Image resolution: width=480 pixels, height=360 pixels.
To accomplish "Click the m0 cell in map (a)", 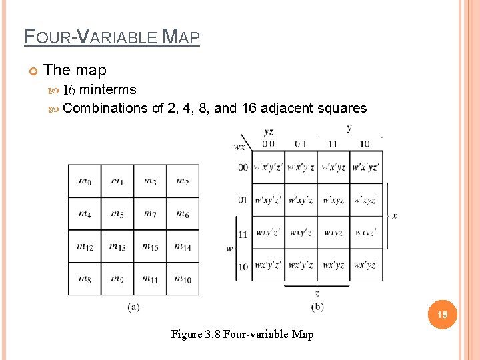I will click(x=85, y=181).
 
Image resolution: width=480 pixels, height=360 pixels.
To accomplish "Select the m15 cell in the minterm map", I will click(x=151, y=247).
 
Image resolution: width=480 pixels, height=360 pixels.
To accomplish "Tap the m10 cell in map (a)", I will click(x=183, y=279).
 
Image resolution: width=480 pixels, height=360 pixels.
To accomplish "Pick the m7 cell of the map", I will click(x=151, y=214).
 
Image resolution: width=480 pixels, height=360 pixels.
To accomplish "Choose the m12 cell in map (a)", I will click(x=85, y=247).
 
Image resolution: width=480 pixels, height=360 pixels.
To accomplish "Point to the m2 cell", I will click(x=183, y=181).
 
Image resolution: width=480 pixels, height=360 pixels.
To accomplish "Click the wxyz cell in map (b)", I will click(x=333, y=233).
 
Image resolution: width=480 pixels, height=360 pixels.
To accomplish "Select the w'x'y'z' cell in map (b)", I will click(x=268, y=167).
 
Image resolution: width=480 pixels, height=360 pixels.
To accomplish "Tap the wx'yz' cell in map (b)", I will click(x=365, y=265).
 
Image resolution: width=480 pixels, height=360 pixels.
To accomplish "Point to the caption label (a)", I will click(x=133, y=307).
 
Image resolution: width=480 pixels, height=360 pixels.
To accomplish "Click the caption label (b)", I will click(x=317, y=307).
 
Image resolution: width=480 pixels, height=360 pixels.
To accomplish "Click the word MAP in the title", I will click(x=181, y=37).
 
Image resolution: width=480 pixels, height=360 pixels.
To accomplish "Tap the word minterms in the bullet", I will click(x=107, y=90).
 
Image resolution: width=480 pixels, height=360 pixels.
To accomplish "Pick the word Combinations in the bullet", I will click(x=105, y=108).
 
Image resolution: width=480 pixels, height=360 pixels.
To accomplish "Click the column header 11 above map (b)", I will click(x=333, y=143).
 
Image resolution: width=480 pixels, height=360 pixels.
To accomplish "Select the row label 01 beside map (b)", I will click(x=243, y=200).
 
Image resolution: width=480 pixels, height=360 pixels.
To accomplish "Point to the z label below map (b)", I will click(x=317, y=293).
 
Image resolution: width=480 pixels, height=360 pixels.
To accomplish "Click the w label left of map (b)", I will click(x=230, y=248).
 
